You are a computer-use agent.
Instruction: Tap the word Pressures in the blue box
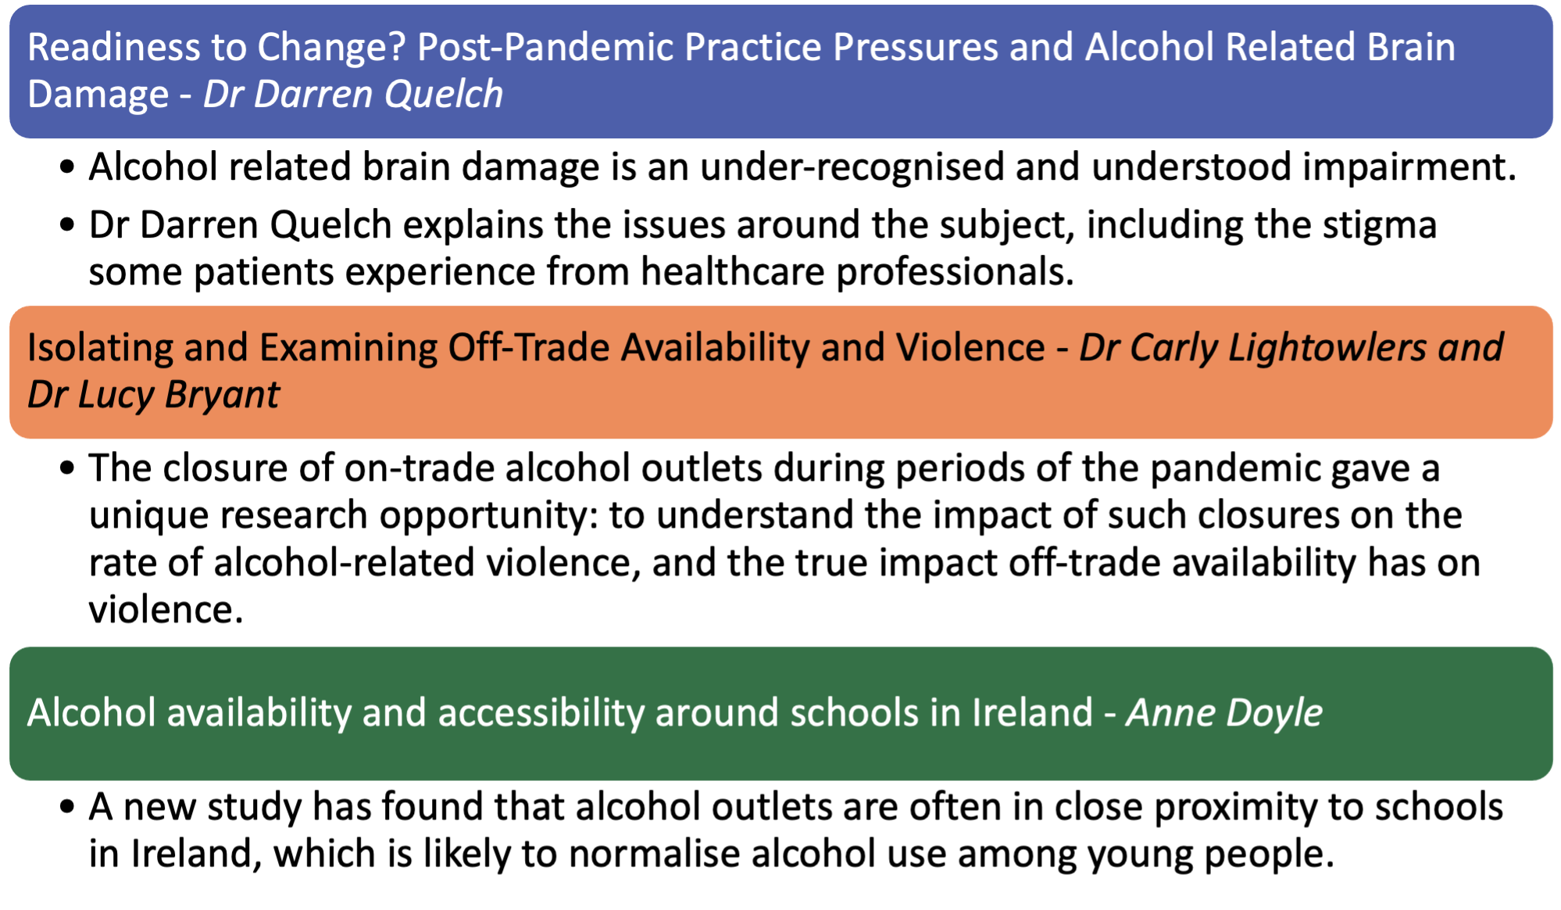click(x=915, y=47)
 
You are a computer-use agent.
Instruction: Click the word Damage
click(x=98, y=95)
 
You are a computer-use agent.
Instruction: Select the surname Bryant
click(x=222, y=395)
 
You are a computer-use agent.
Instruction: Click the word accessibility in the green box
click(x=540, y=713)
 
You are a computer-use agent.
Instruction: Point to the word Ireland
click(x=1032, y=713)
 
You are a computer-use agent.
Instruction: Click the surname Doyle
click(x=1274, y=713)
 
